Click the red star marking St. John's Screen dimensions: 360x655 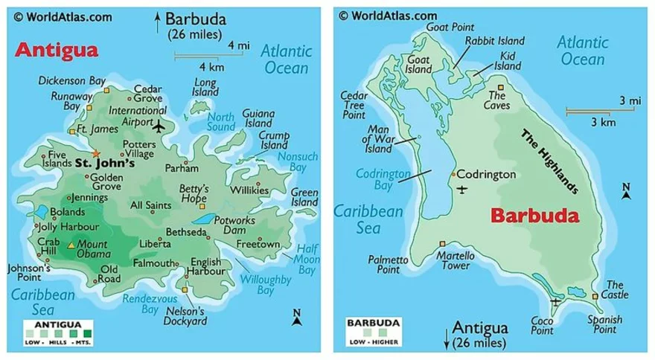click(x=95, y=153)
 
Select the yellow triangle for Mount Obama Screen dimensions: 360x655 click(x=71, y=244)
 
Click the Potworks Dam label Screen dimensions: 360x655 click(x=235, y=226)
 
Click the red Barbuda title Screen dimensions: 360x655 click(x=534, y=216)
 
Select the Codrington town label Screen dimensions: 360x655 click(x=485, y=174)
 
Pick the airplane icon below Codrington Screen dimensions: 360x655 click(x=464, y=189)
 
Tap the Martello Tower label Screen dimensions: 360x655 click(x=456, y=261)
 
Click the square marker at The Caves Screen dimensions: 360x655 click(x=501, y=86)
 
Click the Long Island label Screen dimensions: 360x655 click(x=205, y=86)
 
